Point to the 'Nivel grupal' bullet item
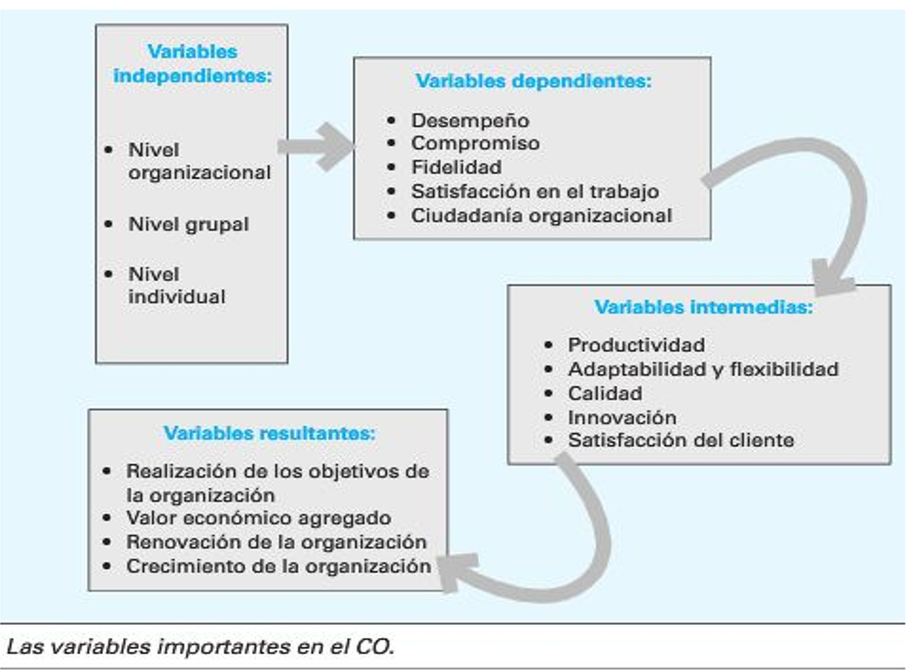188,225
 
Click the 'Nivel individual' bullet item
177,285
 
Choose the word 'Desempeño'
470,120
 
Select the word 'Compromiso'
475,143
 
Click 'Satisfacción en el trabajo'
535,191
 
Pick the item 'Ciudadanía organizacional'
541,214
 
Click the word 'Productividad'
636,345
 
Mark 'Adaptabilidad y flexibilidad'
702,369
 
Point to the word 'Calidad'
605,393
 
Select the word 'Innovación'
622,417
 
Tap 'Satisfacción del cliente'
680,440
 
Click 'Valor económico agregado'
258,518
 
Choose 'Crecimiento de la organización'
278,566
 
